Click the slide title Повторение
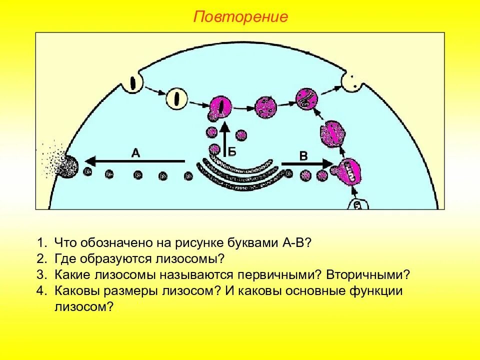tap(241, 17)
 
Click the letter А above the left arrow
tap(135, 153)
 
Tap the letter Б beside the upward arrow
tap(232, 152)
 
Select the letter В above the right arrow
tap(303, 156)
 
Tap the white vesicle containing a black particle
tap(175, 98)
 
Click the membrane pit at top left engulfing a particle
tap(133, 82)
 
